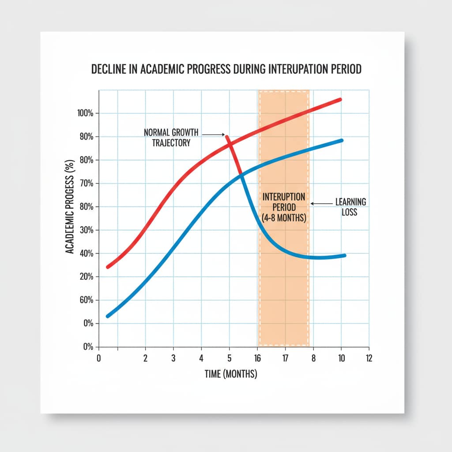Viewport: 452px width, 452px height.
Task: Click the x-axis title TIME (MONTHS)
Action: (231, 374)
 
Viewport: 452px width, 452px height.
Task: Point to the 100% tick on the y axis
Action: (85, 113)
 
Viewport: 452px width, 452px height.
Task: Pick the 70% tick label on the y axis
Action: (86, 184)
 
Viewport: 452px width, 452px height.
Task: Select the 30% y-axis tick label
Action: (86, 230)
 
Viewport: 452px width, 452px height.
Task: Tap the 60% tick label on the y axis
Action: (86, 301)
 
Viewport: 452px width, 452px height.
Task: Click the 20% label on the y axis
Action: (86, 277)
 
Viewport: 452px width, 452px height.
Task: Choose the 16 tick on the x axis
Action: (257, 358)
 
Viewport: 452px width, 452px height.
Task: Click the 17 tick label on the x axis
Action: (285, 358)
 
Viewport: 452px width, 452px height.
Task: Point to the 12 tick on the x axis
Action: (369, 358)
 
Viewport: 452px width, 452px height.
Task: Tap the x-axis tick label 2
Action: (145, 358)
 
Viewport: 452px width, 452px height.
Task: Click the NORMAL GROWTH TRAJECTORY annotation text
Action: (171, 137)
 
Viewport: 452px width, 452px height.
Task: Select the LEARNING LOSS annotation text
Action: (350, 207)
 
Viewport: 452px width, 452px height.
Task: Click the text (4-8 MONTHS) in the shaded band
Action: (284, 218)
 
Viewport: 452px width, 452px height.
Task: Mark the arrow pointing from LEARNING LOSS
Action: (321, 203)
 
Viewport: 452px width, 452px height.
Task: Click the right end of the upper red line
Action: (340, 99)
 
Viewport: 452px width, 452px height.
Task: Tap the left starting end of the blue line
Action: (108, 316)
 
